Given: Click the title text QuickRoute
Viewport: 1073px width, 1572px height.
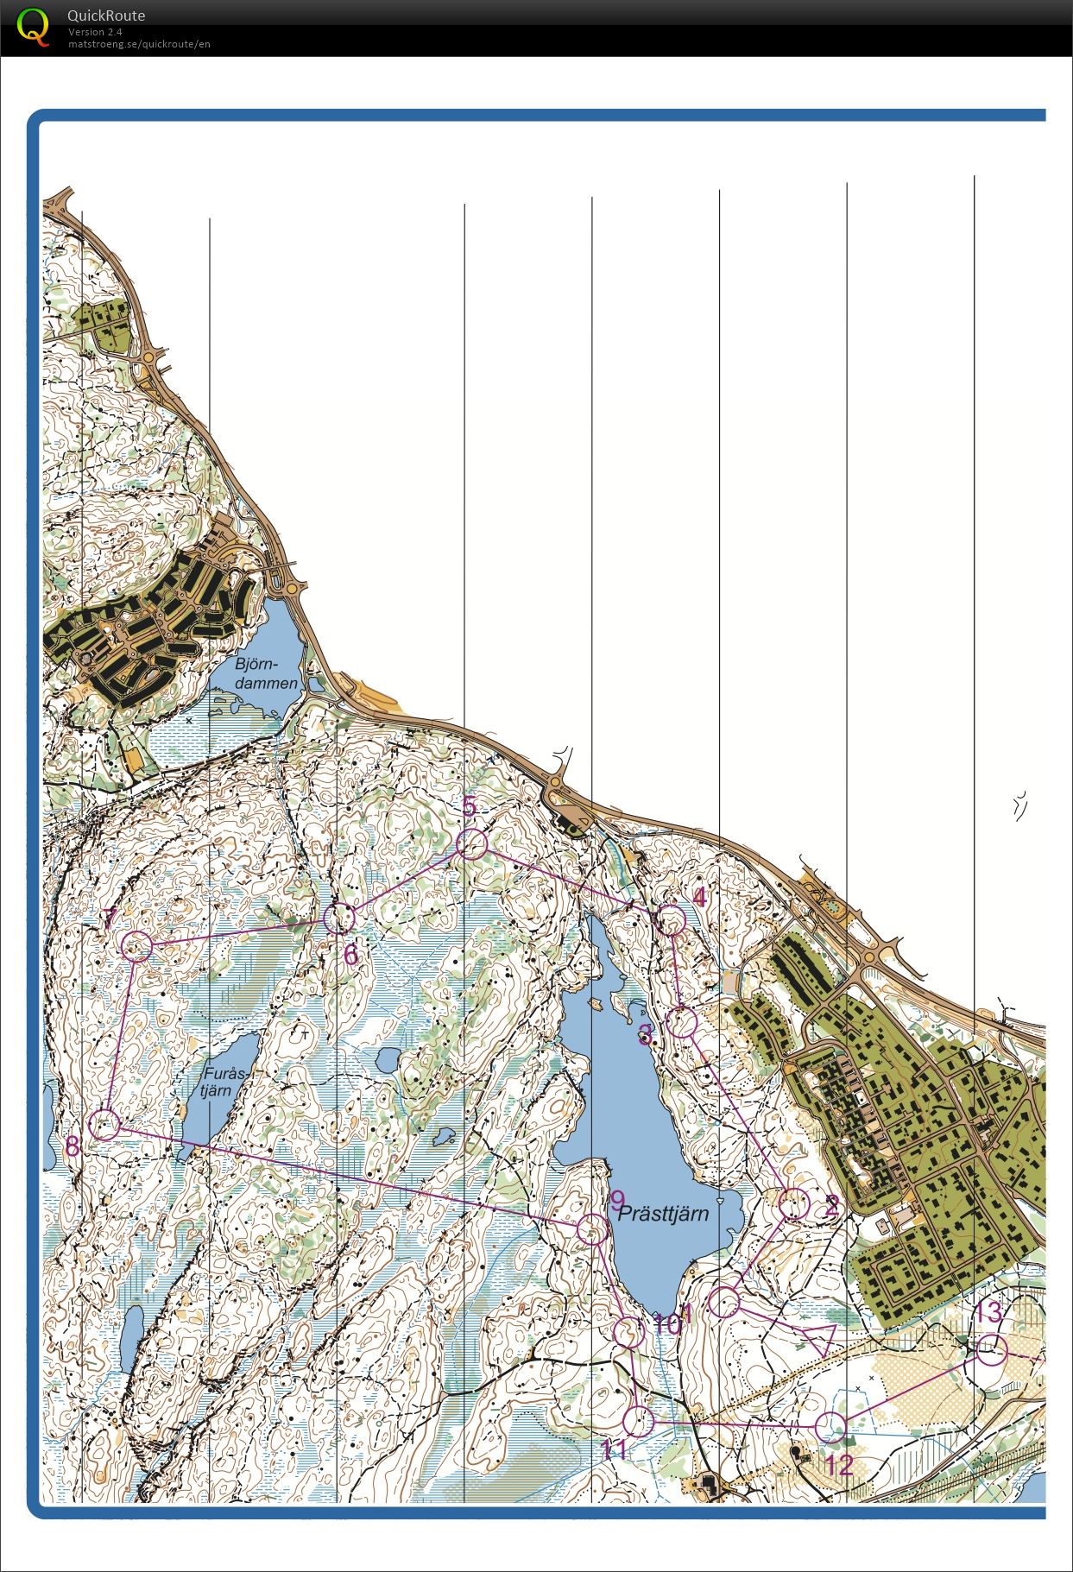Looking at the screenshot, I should (x=106, y=16).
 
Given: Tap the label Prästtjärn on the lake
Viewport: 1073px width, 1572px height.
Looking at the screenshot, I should (x=663, y=1214).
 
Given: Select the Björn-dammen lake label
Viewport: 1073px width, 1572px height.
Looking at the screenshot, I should (x=267, y=673).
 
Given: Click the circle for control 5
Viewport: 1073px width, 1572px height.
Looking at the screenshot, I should (x=471, y=844).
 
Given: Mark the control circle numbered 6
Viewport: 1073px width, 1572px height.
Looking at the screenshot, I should (x=339, y=919).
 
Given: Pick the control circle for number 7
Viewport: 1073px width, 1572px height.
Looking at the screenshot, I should (x=137, y=946).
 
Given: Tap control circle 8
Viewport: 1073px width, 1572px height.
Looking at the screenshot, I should (x=104, y=1125).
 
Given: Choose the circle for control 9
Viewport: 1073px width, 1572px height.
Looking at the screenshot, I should (x=591, y=1229).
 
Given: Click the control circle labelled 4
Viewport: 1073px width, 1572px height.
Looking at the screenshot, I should (x=671, y=920).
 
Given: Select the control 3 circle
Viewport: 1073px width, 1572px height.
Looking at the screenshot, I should (x=682, y=1023).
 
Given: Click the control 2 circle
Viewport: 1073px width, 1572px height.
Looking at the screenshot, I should (x=793, y=1203).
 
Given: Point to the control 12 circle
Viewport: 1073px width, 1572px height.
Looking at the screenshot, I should (x=830, y=1428).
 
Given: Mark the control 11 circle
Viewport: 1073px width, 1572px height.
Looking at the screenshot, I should (x=638, y=1421).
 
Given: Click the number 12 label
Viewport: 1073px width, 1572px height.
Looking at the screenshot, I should (x=838, y=1465).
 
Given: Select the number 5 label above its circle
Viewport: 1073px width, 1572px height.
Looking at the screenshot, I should (x=469, y=806).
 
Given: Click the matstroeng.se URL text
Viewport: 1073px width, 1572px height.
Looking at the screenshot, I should (x=139, y=44).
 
